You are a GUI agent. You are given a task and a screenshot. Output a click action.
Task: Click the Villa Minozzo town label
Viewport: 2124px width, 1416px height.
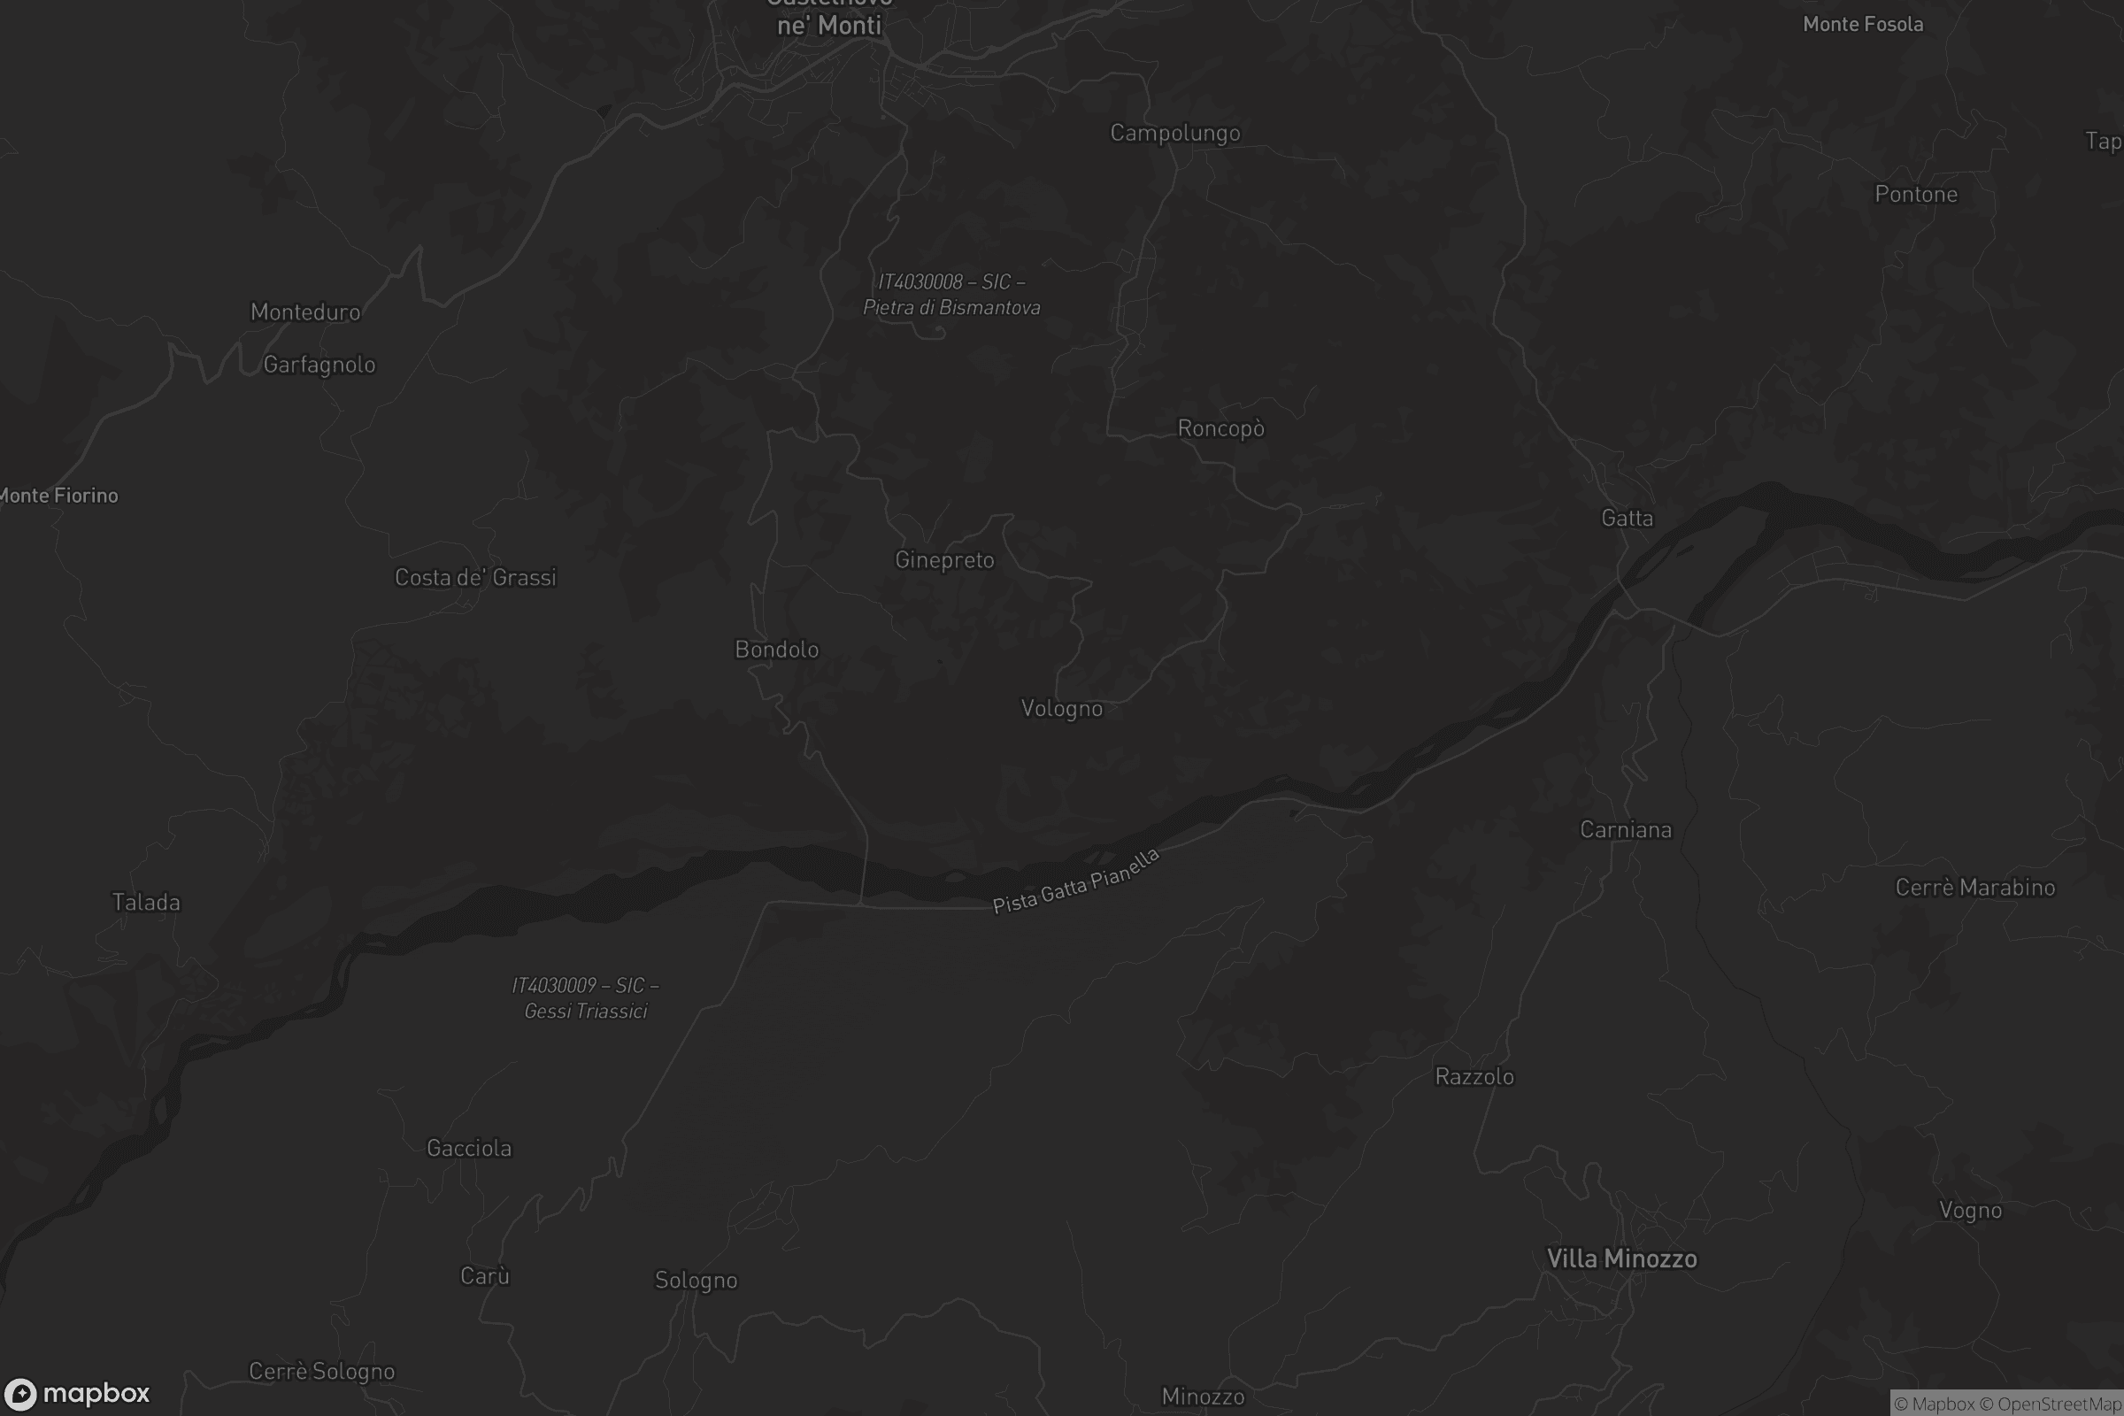[x=1622, y=1258]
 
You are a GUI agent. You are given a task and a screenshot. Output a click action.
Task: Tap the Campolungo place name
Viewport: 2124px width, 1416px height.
[x=1175, y=133]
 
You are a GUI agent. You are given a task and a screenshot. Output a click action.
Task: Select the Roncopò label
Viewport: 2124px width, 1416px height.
[x=1221, y=428]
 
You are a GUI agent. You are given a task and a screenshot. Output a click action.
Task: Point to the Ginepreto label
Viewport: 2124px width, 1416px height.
[x=944, y=560]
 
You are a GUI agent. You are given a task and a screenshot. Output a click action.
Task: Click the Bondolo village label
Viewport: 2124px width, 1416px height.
[x=777, y=650]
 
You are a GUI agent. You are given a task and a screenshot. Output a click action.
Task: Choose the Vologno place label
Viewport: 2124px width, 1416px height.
[x=1061, y=708]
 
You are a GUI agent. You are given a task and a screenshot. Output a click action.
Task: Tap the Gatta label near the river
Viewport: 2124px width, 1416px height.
[x=1627, y=519]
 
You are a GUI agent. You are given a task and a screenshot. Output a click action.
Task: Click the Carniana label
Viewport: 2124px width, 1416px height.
[x=1626, y=830]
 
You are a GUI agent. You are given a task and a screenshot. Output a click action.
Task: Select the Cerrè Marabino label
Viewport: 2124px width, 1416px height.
[x=1975, y=888]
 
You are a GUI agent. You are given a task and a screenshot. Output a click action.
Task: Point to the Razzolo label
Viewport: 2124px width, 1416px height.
[x=1474, y=1076]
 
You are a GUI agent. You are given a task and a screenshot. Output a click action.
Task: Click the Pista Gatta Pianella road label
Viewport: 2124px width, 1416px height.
[x=1074, y=882]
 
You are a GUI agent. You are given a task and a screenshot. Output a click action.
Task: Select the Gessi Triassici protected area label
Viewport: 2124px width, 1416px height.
[x=585, y=998]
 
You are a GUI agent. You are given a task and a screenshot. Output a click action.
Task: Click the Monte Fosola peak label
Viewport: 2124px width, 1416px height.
[x=1862, y=25]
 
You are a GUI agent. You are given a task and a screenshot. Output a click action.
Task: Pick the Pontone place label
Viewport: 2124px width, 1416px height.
[x=1915, y=194]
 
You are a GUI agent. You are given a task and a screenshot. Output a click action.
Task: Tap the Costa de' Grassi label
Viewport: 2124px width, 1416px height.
[x=475, y=578]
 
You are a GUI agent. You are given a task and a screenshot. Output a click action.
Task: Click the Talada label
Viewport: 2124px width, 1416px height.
[x=145, y=902]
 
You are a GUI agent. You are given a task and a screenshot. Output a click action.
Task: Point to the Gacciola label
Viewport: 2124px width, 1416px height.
[x=469, y=1148]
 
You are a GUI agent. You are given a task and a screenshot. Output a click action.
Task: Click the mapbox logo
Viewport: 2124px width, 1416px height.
[x=76, y=1393]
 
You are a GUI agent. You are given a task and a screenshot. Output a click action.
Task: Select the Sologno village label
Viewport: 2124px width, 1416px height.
[x=696, y=1280]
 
